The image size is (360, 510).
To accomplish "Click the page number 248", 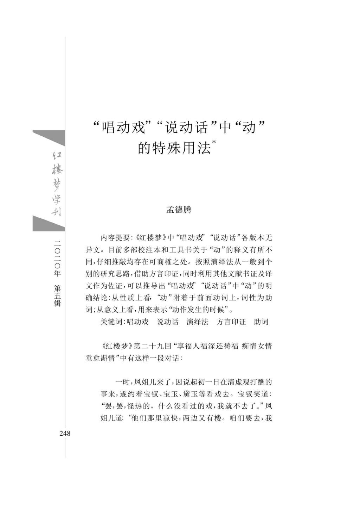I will click(65, 433).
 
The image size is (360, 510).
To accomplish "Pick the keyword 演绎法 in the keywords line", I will click(197, 322).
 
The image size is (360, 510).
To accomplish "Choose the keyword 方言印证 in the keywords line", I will click(231, 322).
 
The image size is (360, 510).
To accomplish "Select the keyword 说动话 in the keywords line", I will click(167, 322).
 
